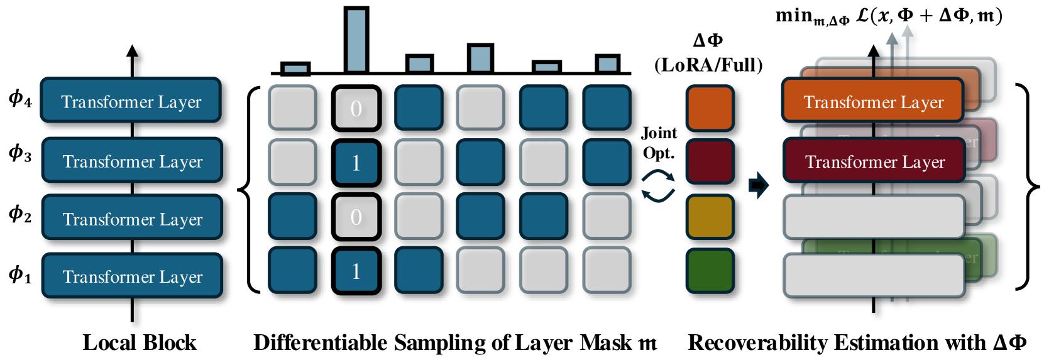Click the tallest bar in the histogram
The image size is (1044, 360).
[x=356, y=40]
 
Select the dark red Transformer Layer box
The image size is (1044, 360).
[x=874, y=161]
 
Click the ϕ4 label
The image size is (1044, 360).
[x=19, y=99]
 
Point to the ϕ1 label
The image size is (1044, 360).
[x=19, y=275]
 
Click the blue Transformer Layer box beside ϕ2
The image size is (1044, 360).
[x=132, y=218]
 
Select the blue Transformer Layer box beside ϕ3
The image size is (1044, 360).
[x=132, y=161]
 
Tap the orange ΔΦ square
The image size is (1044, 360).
[x=710, y=108]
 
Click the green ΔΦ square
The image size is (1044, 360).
[x=710, y=271]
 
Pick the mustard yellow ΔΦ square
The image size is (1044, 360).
[x=710, y=217]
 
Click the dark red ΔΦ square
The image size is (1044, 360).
[x=710, y=162]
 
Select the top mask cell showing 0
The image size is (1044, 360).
[x=356, y=108]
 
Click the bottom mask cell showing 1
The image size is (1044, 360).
[x=356, y=271]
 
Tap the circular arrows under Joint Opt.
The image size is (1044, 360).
[x=657, y=187]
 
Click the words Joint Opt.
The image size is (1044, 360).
[x=659, y=143]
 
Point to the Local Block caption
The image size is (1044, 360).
[x=140, y=342]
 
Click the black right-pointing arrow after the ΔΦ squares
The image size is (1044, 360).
[x=759, y=185]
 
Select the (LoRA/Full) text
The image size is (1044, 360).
[x=708, y=65]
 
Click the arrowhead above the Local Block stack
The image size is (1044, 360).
[x=132, y=52]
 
